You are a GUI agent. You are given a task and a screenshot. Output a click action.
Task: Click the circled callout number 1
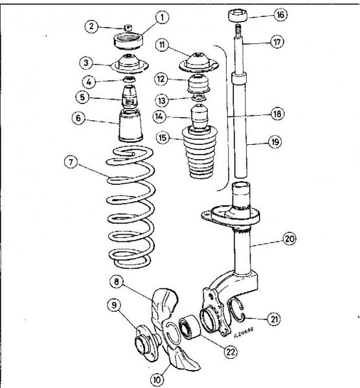tap(163, 18)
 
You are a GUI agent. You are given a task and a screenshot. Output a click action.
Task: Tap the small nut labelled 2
tap(128, 27)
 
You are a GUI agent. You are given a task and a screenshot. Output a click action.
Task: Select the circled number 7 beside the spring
tap(71, 162)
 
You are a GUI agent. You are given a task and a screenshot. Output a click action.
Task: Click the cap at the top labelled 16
tap(238, 16)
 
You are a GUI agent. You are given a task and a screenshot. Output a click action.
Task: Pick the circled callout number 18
tap(278, 114)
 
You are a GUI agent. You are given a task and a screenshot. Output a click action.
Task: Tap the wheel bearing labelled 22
tap(190, 327)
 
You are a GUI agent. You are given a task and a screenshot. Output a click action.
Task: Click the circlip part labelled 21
tap(236, 310)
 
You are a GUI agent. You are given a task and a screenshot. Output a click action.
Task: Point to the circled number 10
tap(157, 379)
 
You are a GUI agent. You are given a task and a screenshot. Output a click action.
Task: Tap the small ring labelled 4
tap(129, 80)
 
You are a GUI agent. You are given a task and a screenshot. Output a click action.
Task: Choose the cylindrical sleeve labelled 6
tap(131, 125)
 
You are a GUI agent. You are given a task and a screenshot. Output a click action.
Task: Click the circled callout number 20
tap(289, 239)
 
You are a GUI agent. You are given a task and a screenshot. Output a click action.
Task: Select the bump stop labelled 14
tap(200, 117)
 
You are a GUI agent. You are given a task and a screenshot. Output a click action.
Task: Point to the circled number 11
tap(162, 45)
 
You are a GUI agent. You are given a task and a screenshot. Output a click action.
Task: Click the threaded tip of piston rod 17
tap(238, 28)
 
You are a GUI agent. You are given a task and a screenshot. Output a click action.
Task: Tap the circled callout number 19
tap(275, 142)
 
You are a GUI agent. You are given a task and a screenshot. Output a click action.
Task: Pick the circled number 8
tap(117, 281)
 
